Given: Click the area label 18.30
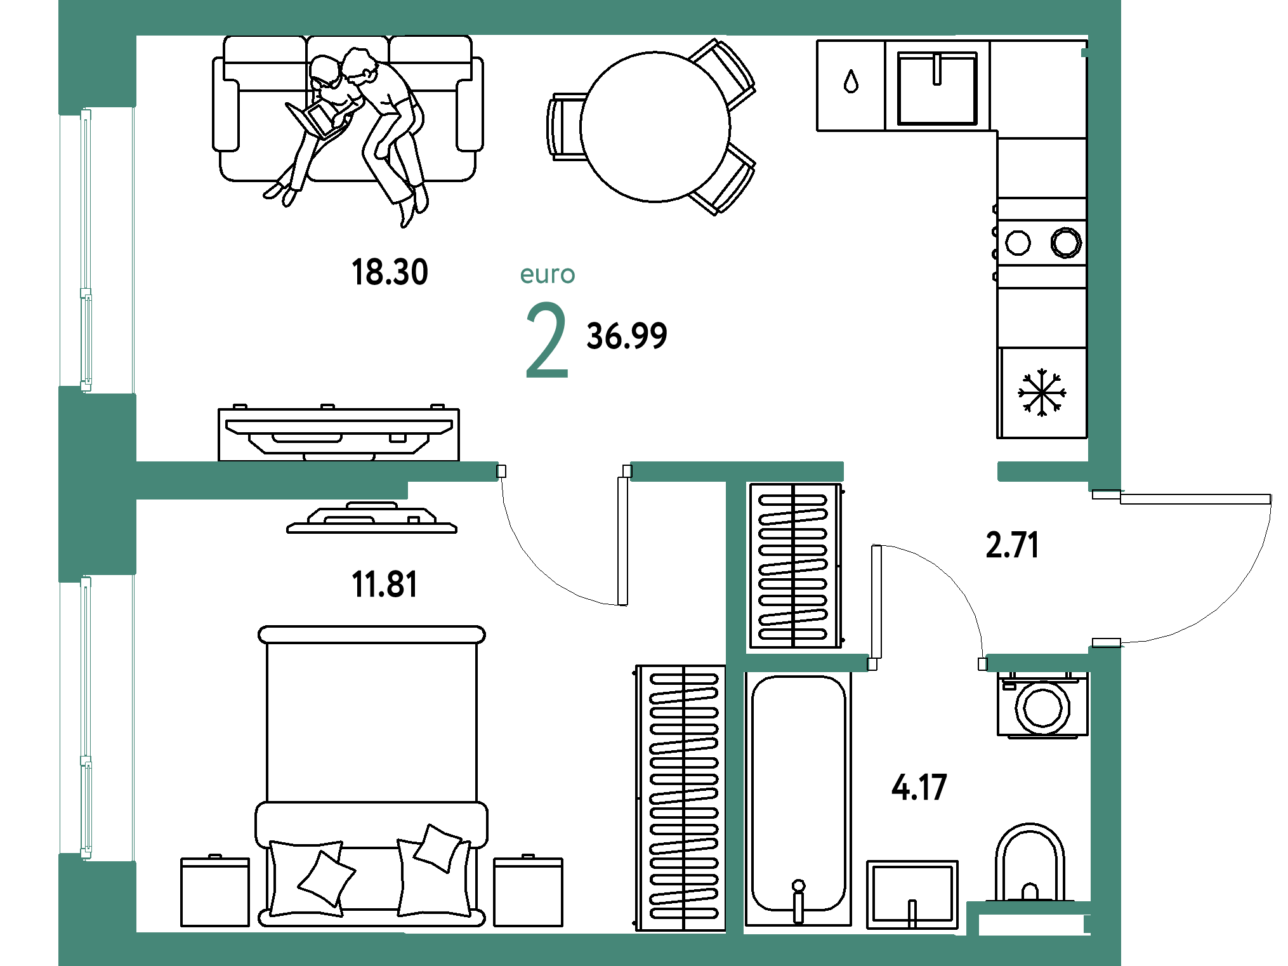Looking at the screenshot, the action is (x=390, y=272).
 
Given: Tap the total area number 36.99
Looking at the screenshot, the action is (x=627, y=336).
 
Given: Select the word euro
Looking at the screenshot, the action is (x=548, y=275).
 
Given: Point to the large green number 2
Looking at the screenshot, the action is (x=547, y=340).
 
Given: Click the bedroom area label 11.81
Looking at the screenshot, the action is (x=384, y=585).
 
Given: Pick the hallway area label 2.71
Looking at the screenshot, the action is (x=1012, y=545).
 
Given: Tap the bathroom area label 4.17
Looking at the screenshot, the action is (x=919, y=788).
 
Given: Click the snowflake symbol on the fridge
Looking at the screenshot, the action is (x=1042, y=392).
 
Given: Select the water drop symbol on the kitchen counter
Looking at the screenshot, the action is (x=851, y=81).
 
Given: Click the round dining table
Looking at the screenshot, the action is (x=655, y=127).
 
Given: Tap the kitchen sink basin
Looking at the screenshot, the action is (x=937, y=88).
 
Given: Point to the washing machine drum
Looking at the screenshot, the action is (x=1042, y=708).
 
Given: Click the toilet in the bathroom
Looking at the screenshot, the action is (x=1030, y=863).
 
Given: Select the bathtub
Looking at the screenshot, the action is (x=798, y=798).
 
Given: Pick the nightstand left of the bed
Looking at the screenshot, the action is (x=215, y=891).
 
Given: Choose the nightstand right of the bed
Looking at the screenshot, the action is (x=528, y=891).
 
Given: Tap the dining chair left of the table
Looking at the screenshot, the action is (x=566, y=127).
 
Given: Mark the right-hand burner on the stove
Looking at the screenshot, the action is (x=1066, y=242).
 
